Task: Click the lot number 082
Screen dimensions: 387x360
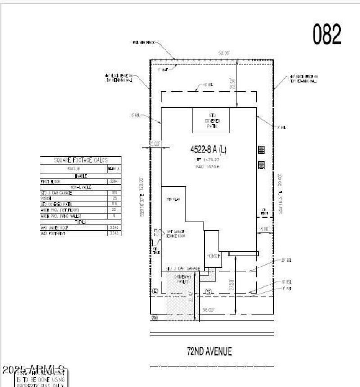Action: pyautogui.click(x=327, y=35)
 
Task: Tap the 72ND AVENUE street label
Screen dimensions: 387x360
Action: pyautogui.click(x=209, y=351)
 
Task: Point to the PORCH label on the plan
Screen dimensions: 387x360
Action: pyautogui.click(x=213, y=256)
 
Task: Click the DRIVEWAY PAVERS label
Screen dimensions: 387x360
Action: pyautogui.click(x=183, y=279)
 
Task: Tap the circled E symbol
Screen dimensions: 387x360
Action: pyautogui.click(x=156, y=291)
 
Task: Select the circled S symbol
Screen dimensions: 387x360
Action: pyautogui.click(x=208, y=292)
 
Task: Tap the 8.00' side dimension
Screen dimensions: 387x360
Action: pyautogui.click(x=264, y=229)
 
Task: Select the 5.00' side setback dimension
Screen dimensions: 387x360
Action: pyautogui.click(x=155, y=144)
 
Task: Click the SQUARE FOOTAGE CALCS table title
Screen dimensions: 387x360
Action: pyautogui.click(x=81, y=160)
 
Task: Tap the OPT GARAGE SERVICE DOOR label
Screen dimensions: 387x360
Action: pyautogui.click(x=175, y=234)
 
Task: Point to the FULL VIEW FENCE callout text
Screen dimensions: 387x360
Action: pyautogui.click(x=144, y=42)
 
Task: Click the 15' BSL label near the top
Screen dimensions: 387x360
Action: pyautogui.click(x=208, y=85)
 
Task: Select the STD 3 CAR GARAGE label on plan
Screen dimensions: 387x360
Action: pyautogui.click(x=183, y=268)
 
